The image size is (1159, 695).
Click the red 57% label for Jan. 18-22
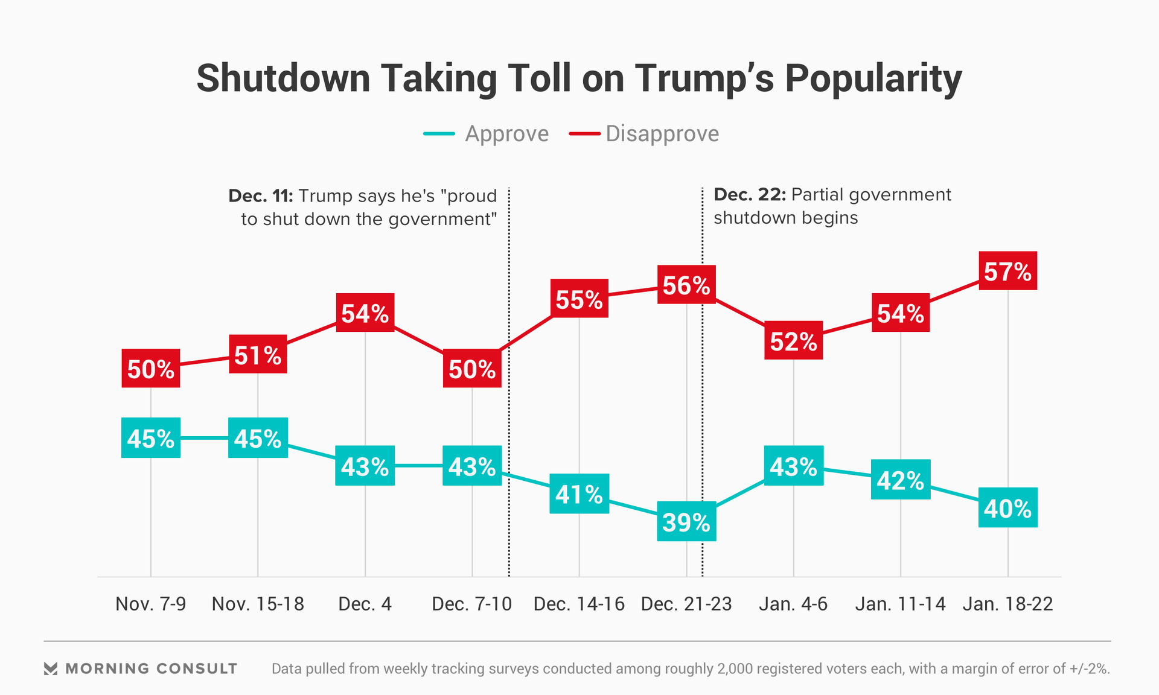click(x=1007, y=271)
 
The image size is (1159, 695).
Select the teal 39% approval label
click(x=686, y=521)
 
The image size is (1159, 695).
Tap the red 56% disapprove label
click(x=686, y=285)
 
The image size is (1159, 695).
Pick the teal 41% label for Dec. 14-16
click(x=579, y=494)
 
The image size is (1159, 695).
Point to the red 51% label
click(x=258, y=355)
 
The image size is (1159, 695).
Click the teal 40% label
click(x=1007, y=508)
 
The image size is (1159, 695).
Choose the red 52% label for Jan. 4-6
click(x=793, y=341)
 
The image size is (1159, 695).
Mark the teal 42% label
click(x=900, y=480)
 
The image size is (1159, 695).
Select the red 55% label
click(x=579, y=299)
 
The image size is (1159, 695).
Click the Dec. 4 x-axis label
click(x=365, y=604)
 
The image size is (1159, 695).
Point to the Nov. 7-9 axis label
click(x=150, y=604)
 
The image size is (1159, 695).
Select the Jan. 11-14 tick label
click(x=900, y=604)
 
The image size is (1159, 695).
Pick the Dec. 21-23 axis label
click(x=686, y=604)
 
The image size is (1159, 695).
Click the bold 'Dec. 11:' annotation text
click(x=260, y=196)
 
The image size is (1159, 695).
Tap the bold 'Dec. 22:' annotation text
click(x=750, y=195)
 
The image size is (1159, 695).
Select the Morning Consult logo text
click(x=151, y=668)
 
